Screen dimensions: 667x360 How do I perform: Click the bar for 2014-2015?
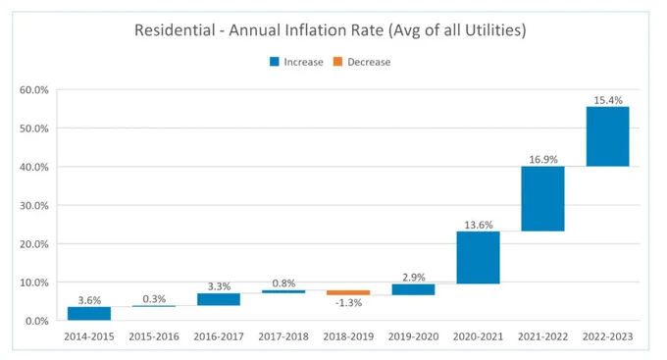(x=89, y=314)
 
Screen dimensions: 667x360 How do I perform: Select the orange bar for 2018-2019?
(x=348, y=292)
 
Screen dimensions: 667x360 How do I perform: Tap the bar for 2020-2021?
(x=478, y=257)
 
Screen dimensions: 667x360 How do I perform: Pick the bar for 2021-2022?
(x=542, y=199)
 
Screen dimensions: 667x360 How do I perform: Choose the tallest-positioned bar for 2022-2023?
(x=607, y=136)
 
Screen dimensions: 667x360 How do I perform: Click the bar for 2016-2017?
(x=219, y=299)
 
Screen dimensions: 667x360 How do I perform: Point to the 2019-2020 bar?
(x=413, y=289)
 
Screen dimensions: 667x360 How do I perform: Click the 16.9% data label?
(x=543, y=160)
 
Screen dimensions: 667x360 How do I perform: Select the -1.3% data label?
(x=348, y=303)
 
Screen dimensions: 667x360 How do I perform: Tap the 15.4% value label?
(x=608, y=100)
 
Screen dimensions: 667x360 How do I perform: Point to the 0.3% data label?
(x=154, y=299)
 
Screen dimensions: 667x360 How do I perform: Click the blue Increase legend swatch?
(x=275, y=62)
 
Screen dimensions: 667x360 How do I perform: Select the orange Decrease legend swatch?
(x=337, y=62)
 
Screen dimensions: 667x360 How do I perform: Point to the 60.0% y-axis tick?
(x=34, y=90)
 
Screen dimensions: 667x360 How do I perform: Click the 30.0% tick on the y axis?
(x=34, y=206)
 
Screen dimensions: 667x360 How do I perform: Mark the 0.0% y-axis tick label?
(x=37, y=322)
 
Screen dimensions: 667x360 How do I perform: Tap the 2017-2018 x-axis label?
(x=283, y=336)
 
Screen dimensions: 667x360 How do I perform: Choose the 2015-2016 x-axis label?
(x=154, y=336)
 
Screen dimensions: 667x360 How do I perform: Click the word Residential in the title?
(x=175, y=30)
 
